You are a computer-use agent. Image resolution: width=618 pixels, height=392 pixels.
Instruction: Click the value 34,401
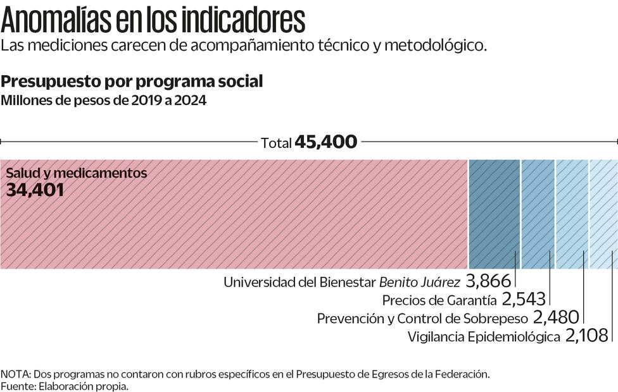pos(35,189)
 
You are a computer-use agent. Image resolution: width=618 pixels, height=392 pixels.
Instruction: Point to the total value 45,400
pos(325,142)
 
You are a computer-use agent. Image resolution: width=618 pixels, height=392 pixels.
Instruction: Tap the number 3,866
pos(488,281)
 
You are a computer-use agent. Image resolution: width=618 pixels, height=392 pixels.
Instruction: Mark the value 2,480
pos(556,317)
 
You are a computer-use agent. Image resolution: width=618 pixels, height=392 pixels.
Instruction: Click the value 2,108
pos(587,336)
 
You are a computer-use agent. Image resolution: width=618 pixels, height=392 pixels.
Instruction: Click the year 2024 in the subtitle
pos(191,101)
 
